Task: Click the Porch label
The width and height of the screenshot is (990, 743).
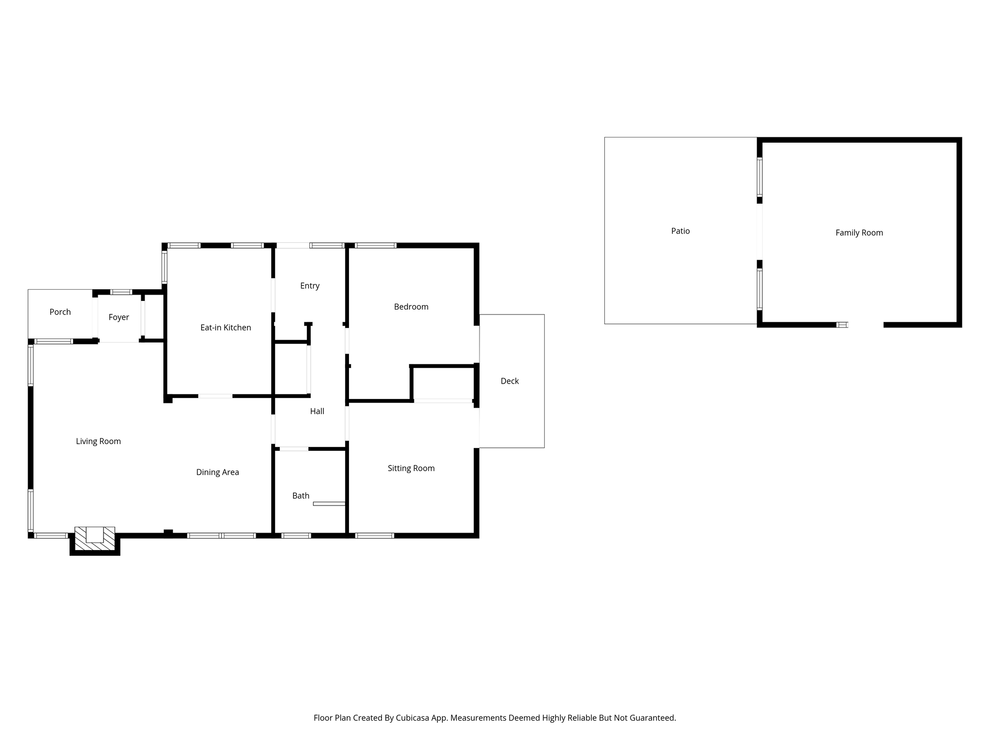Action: click(x=60, y=312)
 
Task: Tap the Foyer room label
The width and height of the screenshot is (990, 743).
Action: click(x=118, y=317)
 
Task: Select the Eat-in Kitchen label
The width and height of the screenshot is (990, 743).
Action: click(x=226, y=327)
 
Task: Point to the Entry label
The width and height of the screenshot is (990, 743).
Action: click(x=310, y=286)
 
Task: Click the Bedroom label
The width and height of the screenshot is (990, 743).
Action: click(x=411, y=307)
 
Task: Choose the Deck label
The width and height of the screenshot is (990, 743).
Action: click(x=510, y=381)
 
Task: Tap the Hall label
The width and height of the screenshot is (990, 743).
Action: click(x=317, y=411)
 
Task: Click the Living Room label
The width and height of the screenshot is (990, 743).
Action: click(x=98, y=441)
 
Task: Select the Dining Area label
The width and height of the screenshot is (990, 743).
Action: click(x=218, y=472)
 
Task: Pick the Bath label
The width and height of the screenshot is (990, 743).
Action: click(x=301, y=496)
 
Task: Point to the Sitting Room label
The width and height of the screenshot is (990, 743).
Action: click(x=411, y=468)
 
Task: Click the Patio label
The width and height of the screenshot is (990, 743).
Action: click(x=680, y=231)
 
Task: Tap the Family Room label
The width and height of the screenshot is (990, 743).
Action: click(x=859, y=233)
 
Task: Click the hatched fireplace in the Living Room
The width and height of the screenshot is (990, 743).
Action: click(x=95, y=538)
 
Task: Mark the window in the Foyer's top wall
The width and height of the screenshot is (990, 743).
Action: click(x=121, y=292)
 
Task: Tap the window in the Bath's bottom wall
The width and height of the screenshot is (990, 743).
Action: click(x=296, y=535)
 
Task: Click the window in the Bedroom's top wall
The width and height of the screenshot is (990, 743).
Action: click(x=376, y=246)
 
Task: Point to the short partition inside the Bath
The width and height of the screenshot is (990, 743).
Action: click(x=329, y=504)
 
